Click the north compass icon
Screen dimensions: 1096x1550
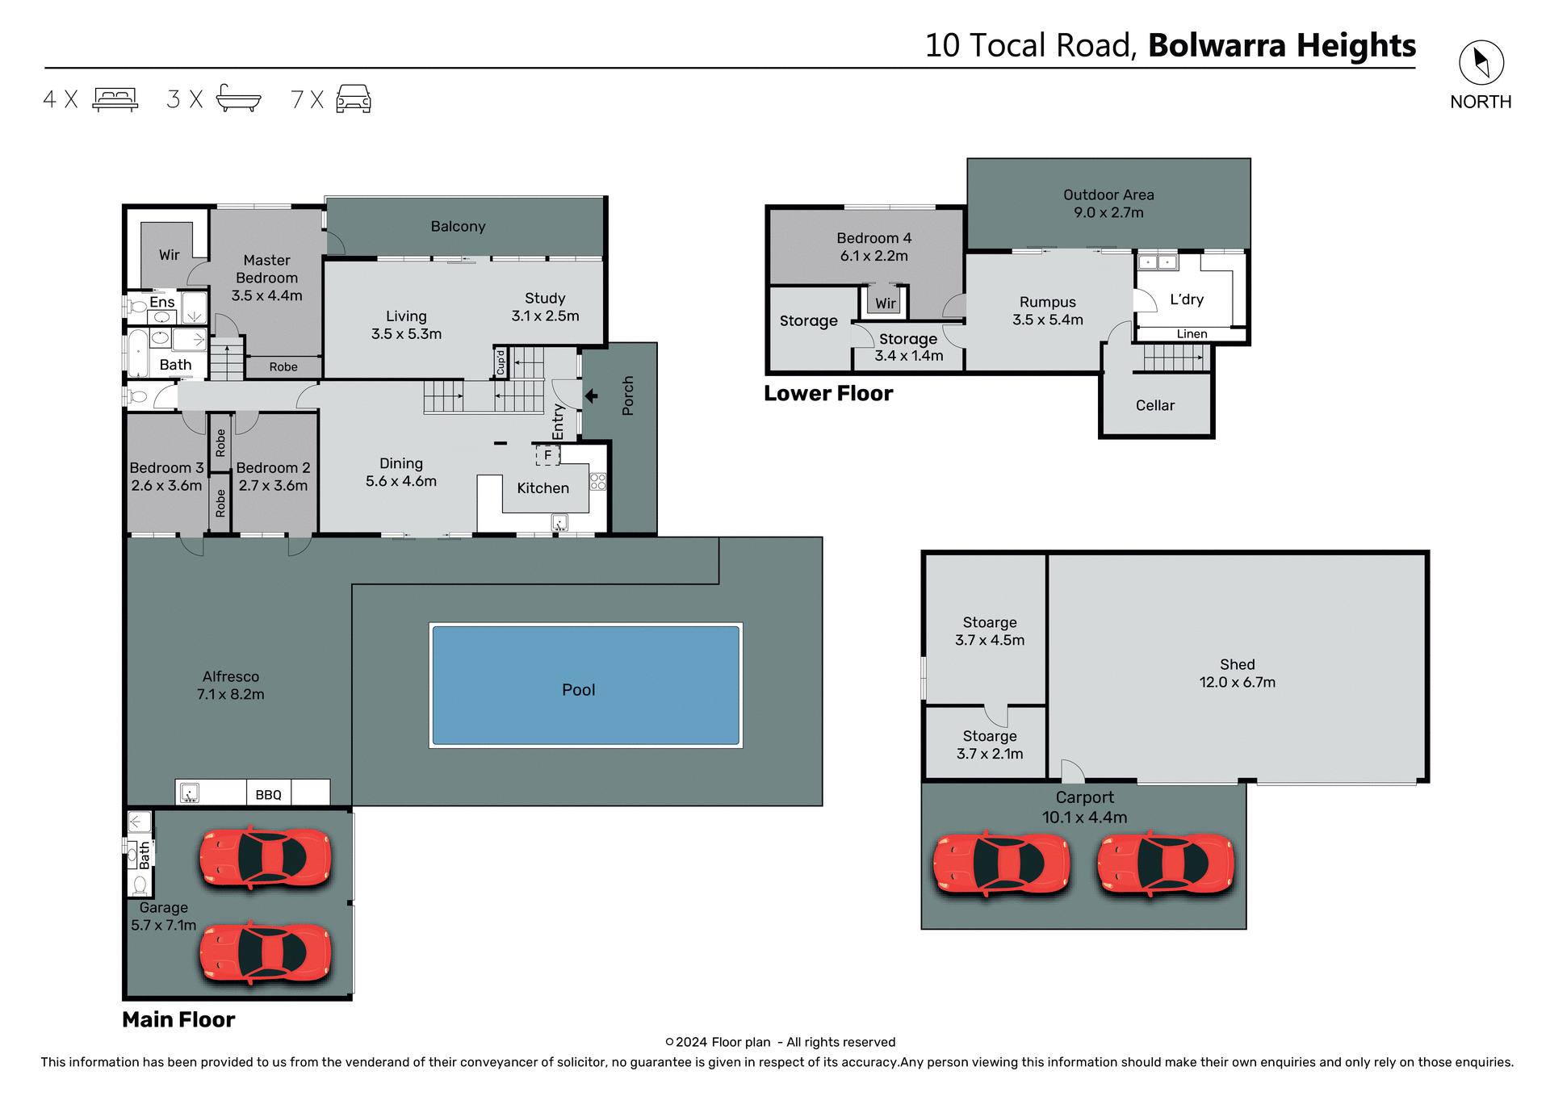point(1481,62)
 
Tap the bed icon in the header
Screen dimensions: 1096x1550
point(115,98)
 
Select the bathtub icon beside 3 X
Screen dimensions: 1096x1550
point(238,98)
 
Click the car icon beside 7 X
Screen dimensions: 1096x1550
point(353,98)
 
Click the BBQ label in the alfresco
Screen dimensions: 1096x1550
point(268,795)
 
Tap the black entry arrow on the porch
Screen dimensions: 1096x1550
point(591,395)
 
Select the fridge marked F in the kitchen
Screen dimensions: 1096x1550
point(547,455)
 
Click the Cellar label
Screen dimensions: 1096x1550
point(1154,405)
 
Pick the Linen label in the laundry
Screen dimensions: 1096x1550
point(1192,334)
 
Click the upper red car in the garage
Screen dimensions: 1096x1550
point(266,857)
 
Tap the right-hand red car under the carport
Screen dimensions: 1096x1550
point(1165,864)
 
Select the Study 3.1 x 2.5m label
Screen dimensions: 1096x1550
point(545,307)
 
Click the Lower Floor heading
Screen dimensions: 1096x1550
point(828,393)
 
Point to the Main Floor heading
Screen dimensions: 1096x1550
point(178,1019)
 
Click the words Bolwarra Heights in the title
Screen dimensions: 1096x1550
point(1281,45)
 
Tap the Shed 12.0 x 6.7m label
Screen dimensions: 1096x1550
point(1237,673)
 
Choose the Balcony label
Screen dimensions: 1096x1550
point(458,227)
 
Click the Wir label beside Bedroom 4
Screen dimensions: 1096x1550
point(886,303)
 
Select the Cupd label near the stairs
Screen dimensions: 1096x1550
point(501,362)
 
